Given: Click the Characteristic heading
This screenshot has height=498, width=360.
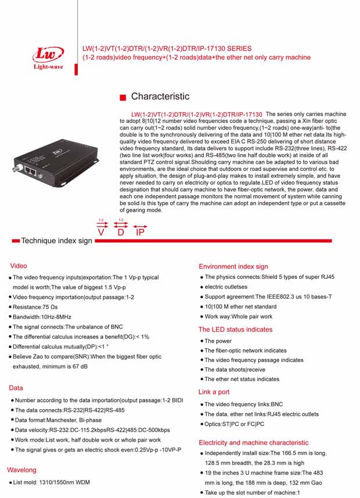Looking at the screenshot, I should tap(160, 96).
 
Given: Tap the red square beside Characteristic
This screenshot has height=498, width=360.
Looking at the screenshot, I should tap(122, 97).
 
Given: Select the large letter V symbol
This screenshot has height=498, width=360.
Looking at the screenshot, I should tap(102, 232).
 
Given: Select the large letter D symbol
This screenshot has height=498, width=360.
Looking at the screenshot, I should tap(121, 232).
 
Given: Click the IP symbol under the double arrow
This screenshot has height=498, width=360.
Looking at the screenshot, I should tap(140, 232).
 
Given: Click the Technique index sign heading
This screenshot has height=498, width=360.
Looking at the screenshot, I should tap(56, 241).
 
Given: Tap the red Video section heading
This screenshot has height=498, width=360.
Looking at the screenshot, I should tap(19, 266).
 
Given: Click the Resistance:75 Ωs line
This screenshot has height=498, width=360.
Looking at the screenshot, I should tap(35, 307).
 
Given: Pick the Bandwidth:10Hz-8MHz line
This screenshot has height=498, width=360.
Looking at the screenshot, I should tap(42, 317).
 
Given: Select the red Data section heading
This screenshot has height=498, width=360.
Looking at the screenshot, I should tap(16, 388).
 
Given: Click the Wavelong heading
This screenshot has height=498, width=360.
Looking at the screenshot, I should tap(21, 470).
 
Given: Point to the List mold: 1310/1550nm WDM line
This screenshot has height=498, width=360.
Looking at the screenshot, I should tap(52, 482).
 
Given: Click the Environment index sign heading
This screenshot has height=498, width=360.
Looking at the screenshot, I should tap(233, 266).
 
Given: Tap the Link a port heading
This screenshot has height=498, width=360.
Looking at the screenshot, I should tap(214, 392).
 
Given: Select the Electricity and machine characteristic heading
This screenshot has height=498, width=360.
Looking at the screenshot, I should tap(253, 442).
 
